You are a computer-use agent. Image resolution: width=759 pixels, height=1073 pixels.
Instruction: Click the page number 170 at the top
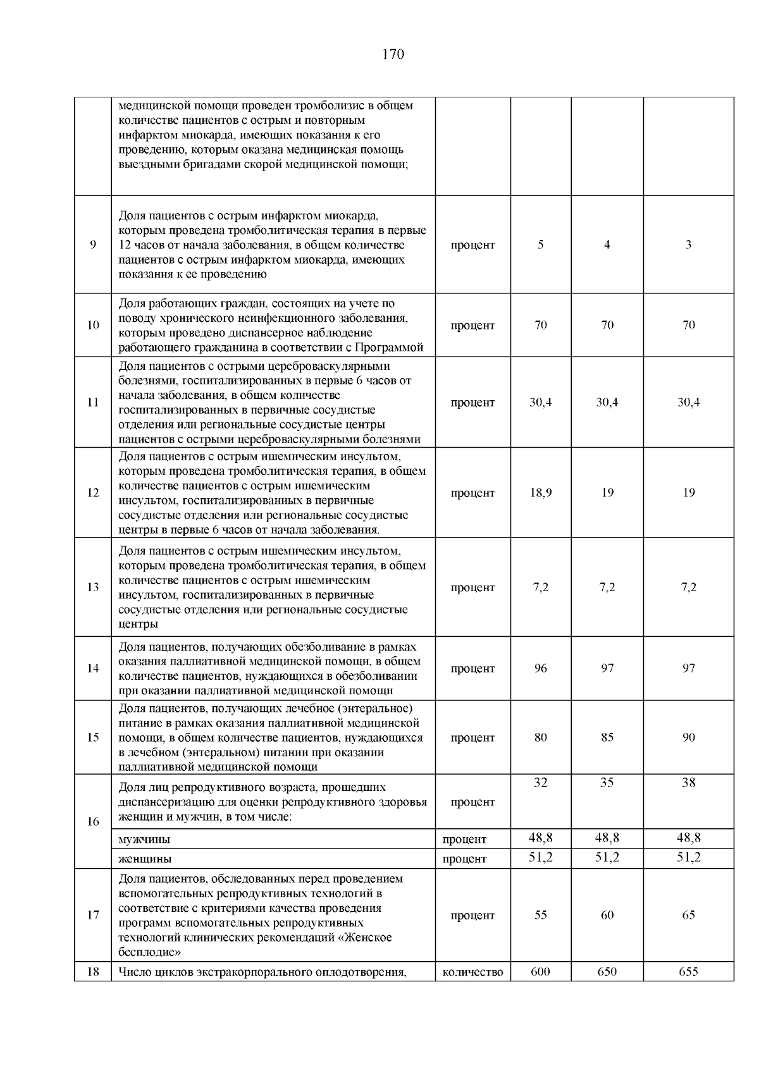(x=393, y=54)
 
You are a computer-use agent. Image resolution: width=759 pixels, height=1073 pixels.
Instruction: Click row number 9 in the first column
(x=93, y=245)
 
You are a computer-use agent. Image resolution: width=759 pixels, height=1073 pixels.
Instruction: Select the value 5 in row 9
(x=541, y=245)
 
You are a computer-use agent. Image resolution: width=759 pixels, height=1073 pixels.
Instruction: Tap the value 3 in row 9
(x=689, y=245)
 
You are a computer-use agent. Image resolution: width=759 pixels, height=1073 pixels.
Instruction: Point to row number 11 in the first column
(x=93, y=403)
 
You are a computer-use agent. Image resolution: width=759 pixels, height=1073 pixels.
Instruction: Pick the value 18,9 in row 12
(x=541, y=493)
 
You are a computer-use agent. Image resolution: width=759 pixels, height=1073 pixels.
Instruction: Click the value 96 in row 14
(x=541, y=668)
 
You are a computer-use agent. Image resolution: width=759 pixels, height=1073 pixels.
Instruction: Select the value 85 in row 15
(x=607, y=737)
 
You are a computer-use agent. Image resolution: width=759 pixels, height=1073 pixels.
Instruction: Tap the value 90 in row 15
(x=689, y=737)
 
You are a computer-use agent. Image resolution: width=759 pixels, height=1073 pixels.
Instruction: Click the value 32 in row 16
(x=541, y=783)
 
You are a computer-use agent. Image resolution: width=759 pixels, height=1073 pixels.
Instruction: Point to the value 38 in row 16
(x=689, y=783)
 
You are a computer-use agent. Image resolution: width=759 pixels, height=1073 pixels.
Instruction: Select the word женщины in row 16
(x=145, y=859)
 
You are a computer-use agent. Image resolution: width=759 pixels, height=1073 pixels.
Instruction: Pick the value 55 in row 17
(x=541, y=915)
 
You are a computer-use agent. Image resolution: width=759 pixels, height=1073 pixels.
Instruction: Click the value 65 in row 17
(x=689, y=915)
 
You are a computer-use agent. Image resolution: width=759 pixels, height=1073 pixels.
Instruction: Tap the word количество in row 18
(x=473, y=972)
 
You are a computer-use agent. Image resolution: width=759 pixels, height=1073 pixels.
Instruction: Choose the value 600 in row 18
(x=541, y=971)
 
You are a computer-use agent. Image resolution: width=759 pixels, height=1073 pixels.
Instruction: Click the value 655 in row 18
(x=689, y=971)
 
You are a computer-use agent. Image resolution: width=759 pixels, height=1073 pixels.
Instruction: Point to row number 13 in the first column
(x=93, y=587)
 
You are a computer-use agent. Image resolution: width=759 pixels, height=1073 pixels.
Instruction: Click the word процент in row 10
(x=473, y=326)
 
